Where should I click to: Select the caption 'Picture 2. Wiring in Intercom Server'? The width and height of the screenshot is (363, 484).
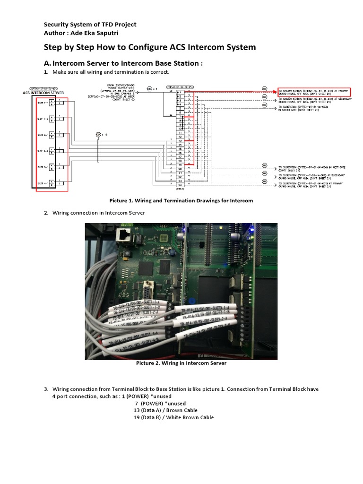click(181, 363)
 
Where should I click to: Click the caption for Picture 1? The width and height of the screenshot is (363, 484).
click(181, 200)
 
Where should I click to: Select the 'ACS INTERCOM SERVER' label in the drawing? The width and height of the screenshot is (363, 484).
click(43, 93)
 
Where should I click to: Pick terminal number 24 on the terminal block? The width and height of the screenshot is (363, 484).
click(180, 185)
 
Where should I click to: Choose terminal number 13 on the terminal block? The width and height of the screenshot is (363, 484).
click(180, 140)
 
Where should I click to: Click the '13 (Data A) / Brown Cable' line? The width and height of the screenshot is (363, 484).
click(165, 410)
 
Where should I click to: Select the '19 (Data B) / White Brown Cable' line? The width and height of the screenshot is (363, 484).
click(173, 417)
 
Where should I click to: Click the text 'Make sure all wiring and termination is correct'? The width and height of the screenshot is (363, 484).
click(111, 72)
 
